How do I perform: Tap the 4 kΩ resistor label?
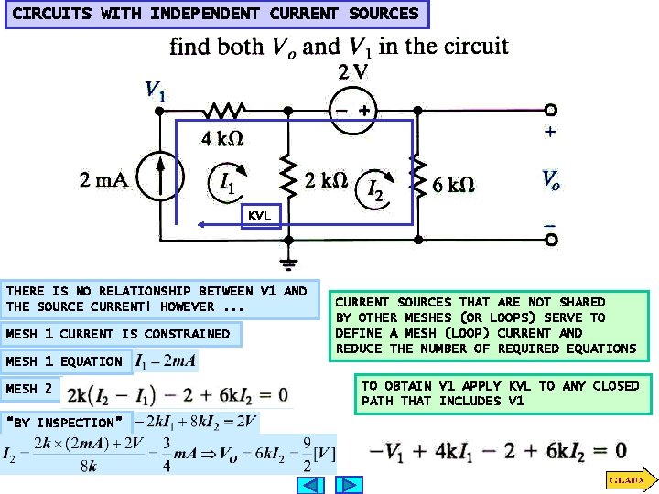pos(221,139)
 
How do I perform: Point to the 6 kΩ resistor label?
pos(453,185)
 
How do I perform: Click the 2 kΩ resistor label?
pos(326,180)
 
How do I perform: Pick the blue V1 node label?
pos(156,92)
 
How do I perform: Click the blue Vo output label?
pos(550,179)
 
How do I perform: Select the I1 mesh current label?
pos(227,183)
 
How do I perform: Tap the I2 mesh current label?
pos(375,189)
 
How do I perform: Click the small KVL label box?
pos(259,215)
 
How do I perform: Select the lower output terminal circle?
pos(550,240)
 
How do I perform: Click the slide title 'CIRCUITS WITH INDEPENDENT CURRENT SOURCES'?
pos(215,14)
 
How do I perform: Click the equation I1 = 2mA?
pos(166,361)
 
